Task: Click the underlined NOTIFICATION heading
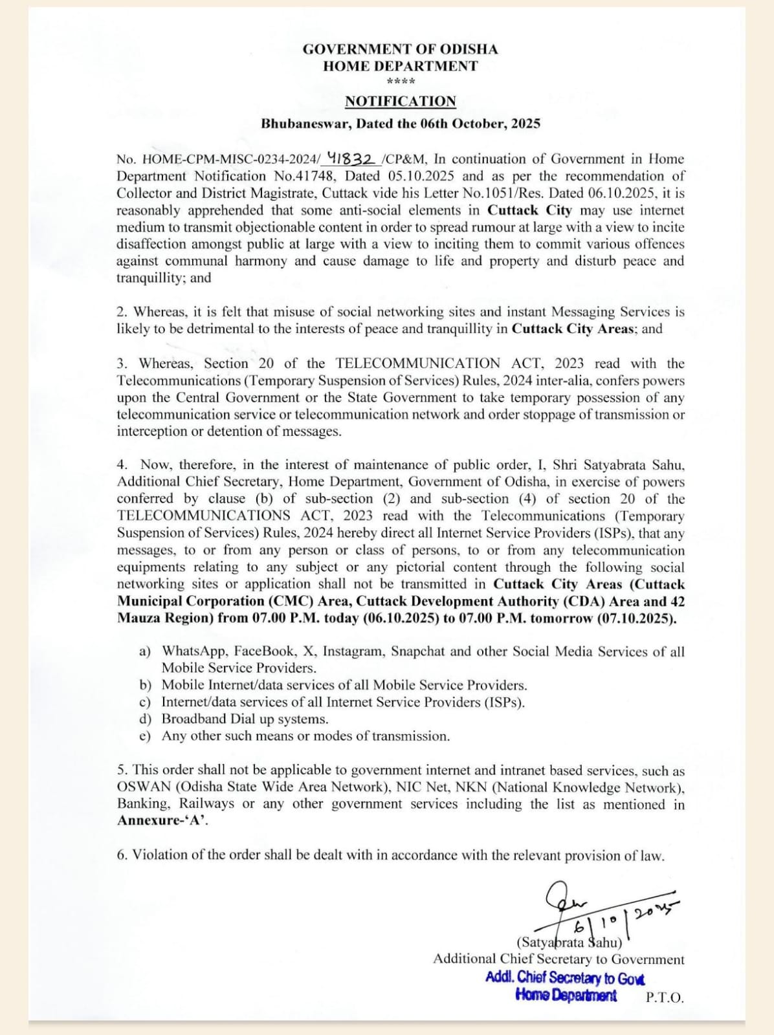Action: click(x=400, y=102)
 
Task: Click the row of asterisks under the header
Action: click(x=400, y=82)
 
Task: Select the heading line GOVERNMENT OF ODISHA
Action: click(x=400, y=49)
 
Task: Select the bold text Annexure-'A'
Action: click(x=162, y=821)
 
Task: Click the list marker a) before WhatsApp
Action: click(x=145, y=651)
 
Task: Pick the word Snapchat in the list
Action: click(x=418, y=651)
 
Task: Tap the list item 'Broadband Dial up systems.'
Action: click(x=245, y=719)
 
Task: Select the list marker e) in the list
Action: click(x=145, y=736)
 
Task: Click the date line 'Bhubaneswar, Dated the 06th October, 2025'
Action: click(x=400, y=124)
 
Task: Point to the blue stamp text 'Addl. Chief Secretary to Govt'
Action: click(x=565, y=978)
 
